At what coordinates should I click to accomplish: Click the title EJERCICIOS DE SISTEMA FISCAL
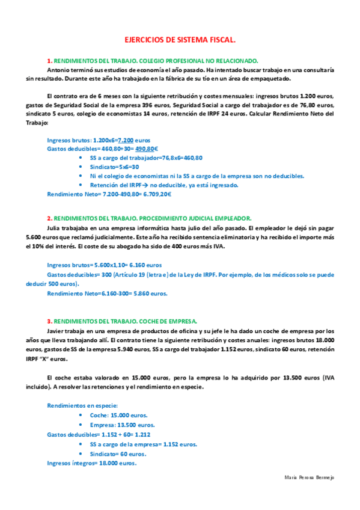tap(180, 40)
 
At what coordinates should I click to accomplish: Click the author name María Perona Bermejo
tap(308, 477)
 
